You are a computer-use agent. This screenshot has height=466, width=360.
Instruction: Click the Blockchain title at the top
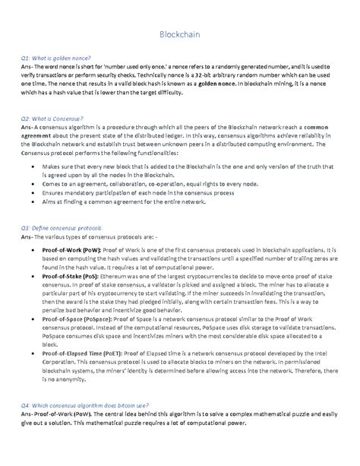coord(180,34)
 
